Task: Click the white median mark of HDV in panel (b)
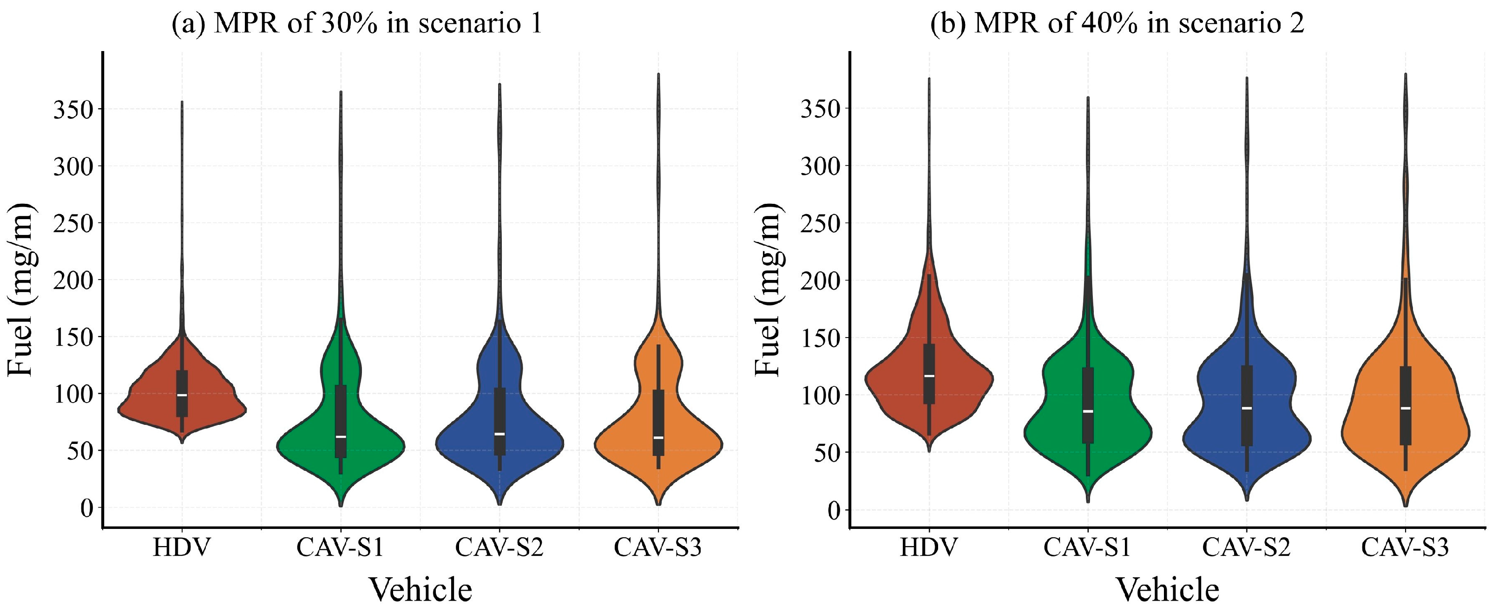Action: pyautogui.click(x=929, y=376)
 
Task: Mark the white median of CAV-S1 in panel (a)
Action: pyautogui.click(x=341, y=436)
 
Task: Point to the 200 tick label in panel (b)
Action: pyautogui.click(x=821, y=281)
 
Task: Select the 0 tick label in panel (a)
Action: pyautogui.click(x=86, y=508)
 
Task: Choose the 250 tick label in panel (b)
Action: pyautogui.click(x=821, y=223)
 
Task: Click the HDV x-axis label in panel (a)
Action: pyautogui.click(x=181, y=547)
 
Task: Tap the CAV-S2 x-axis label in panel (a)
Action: pyautogui.click(x=499, y=547)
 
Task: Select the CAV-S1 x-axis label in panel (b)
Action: pyautogui.click(x=1087, y=547)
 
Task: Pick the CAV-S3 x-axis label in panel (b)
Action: pyautogui.click(x=1405, y=547)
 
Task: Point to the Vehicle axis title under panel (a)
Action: pyautogui.click(x=421, y=590)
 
